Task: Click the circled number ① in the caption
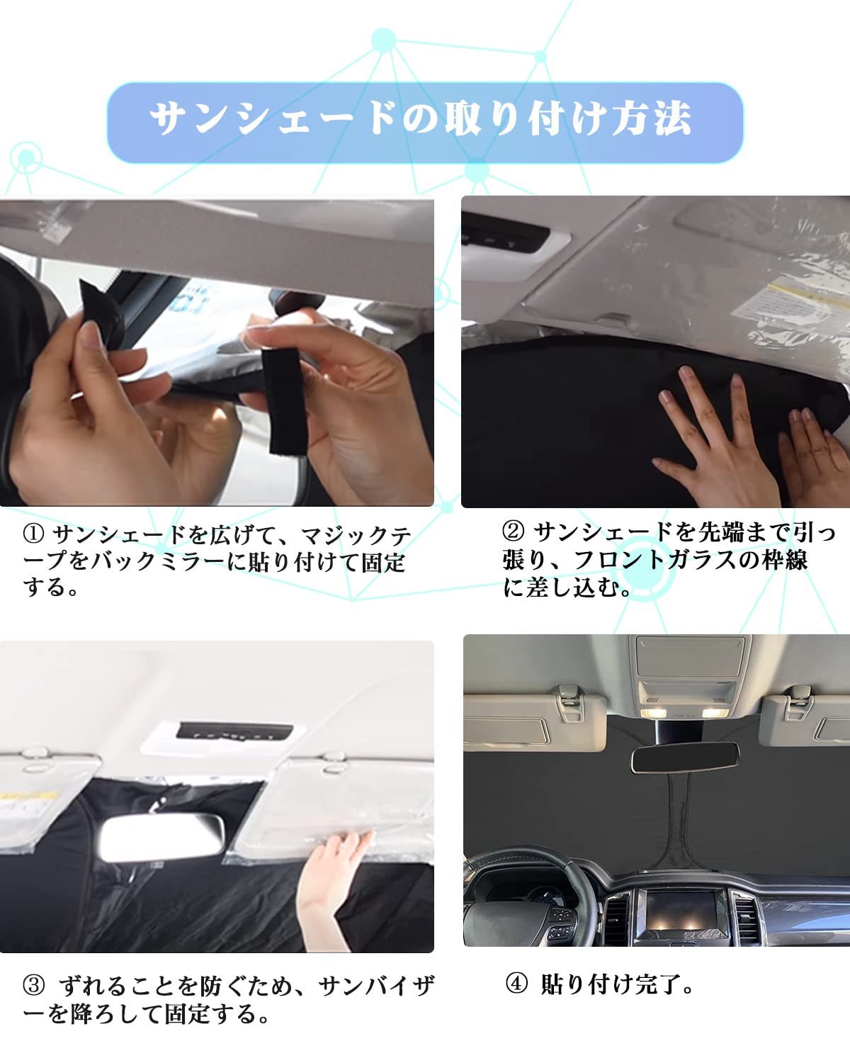pyautogui.click(x=33, y=534)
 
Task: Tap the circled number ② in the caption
pyautogui.click(x=513, y=531)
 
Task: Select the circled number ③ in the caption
pyautogui.click(x=33, y=985)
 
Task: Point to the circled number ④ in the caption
pyautogui.click(x=516, y=984)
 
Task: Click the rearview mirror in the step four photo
pyautogui.click(x=684, y=758)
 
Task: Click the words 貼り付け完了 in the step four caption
pyautogui.click(x=611, y=984)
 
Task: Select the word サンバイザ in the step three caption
pyautogui.click(x=375, y=985)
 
